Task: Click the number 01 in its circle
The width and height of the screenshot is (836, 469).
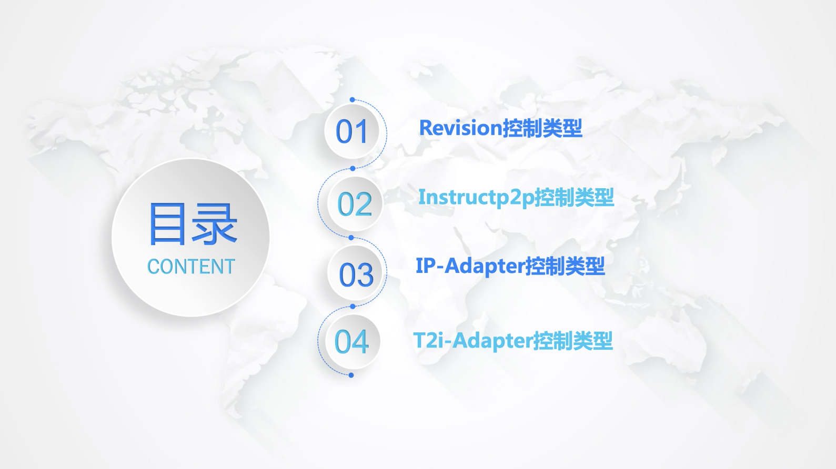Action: pos(351,131)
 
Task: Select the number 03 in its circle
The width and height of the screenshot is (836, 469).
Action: pos(356,274)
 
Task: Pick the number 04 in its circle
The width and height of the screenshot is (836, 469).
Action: pos(351,341)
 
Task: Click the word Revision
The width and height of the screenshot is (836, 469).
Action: pos(461,128)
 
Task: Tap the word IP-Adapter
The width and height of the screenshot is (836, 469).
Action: pos(470,267)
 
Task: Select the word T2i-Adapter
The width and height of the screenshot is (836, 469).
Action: pos(473,341)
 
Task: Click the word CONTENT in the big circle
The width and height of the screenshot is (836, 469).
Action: pos(191,267)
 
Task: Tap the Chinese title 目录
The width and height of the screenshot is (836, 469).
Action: pos(193,224)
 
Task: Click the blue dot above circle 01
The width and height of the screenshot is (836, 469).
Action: pos(352,99)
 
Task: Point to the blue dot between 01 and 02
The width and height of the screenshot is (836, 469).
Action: pos(352,169)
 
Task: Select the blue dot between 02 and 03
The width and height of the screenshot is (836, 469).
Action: pos(351,238)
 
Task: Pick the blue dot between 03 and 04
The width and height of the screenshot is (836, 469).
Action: pos(352,307)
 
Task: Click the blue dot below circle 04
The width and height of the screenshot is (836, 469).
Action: pos(351,375)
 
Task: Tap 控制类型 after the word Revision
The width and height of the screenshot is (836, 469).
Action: pos(542,128)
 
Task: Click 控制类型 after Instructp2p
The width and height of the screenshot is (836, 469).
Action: pos(575,197)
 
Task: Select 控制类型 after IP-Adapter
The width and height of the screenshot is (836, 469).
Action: pos(565,267)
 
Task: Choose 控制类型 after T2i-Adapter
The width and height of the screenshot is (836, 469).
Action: pos(573,341)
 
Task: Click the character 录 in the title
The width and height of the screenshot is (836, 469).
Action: pos(215,224)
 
